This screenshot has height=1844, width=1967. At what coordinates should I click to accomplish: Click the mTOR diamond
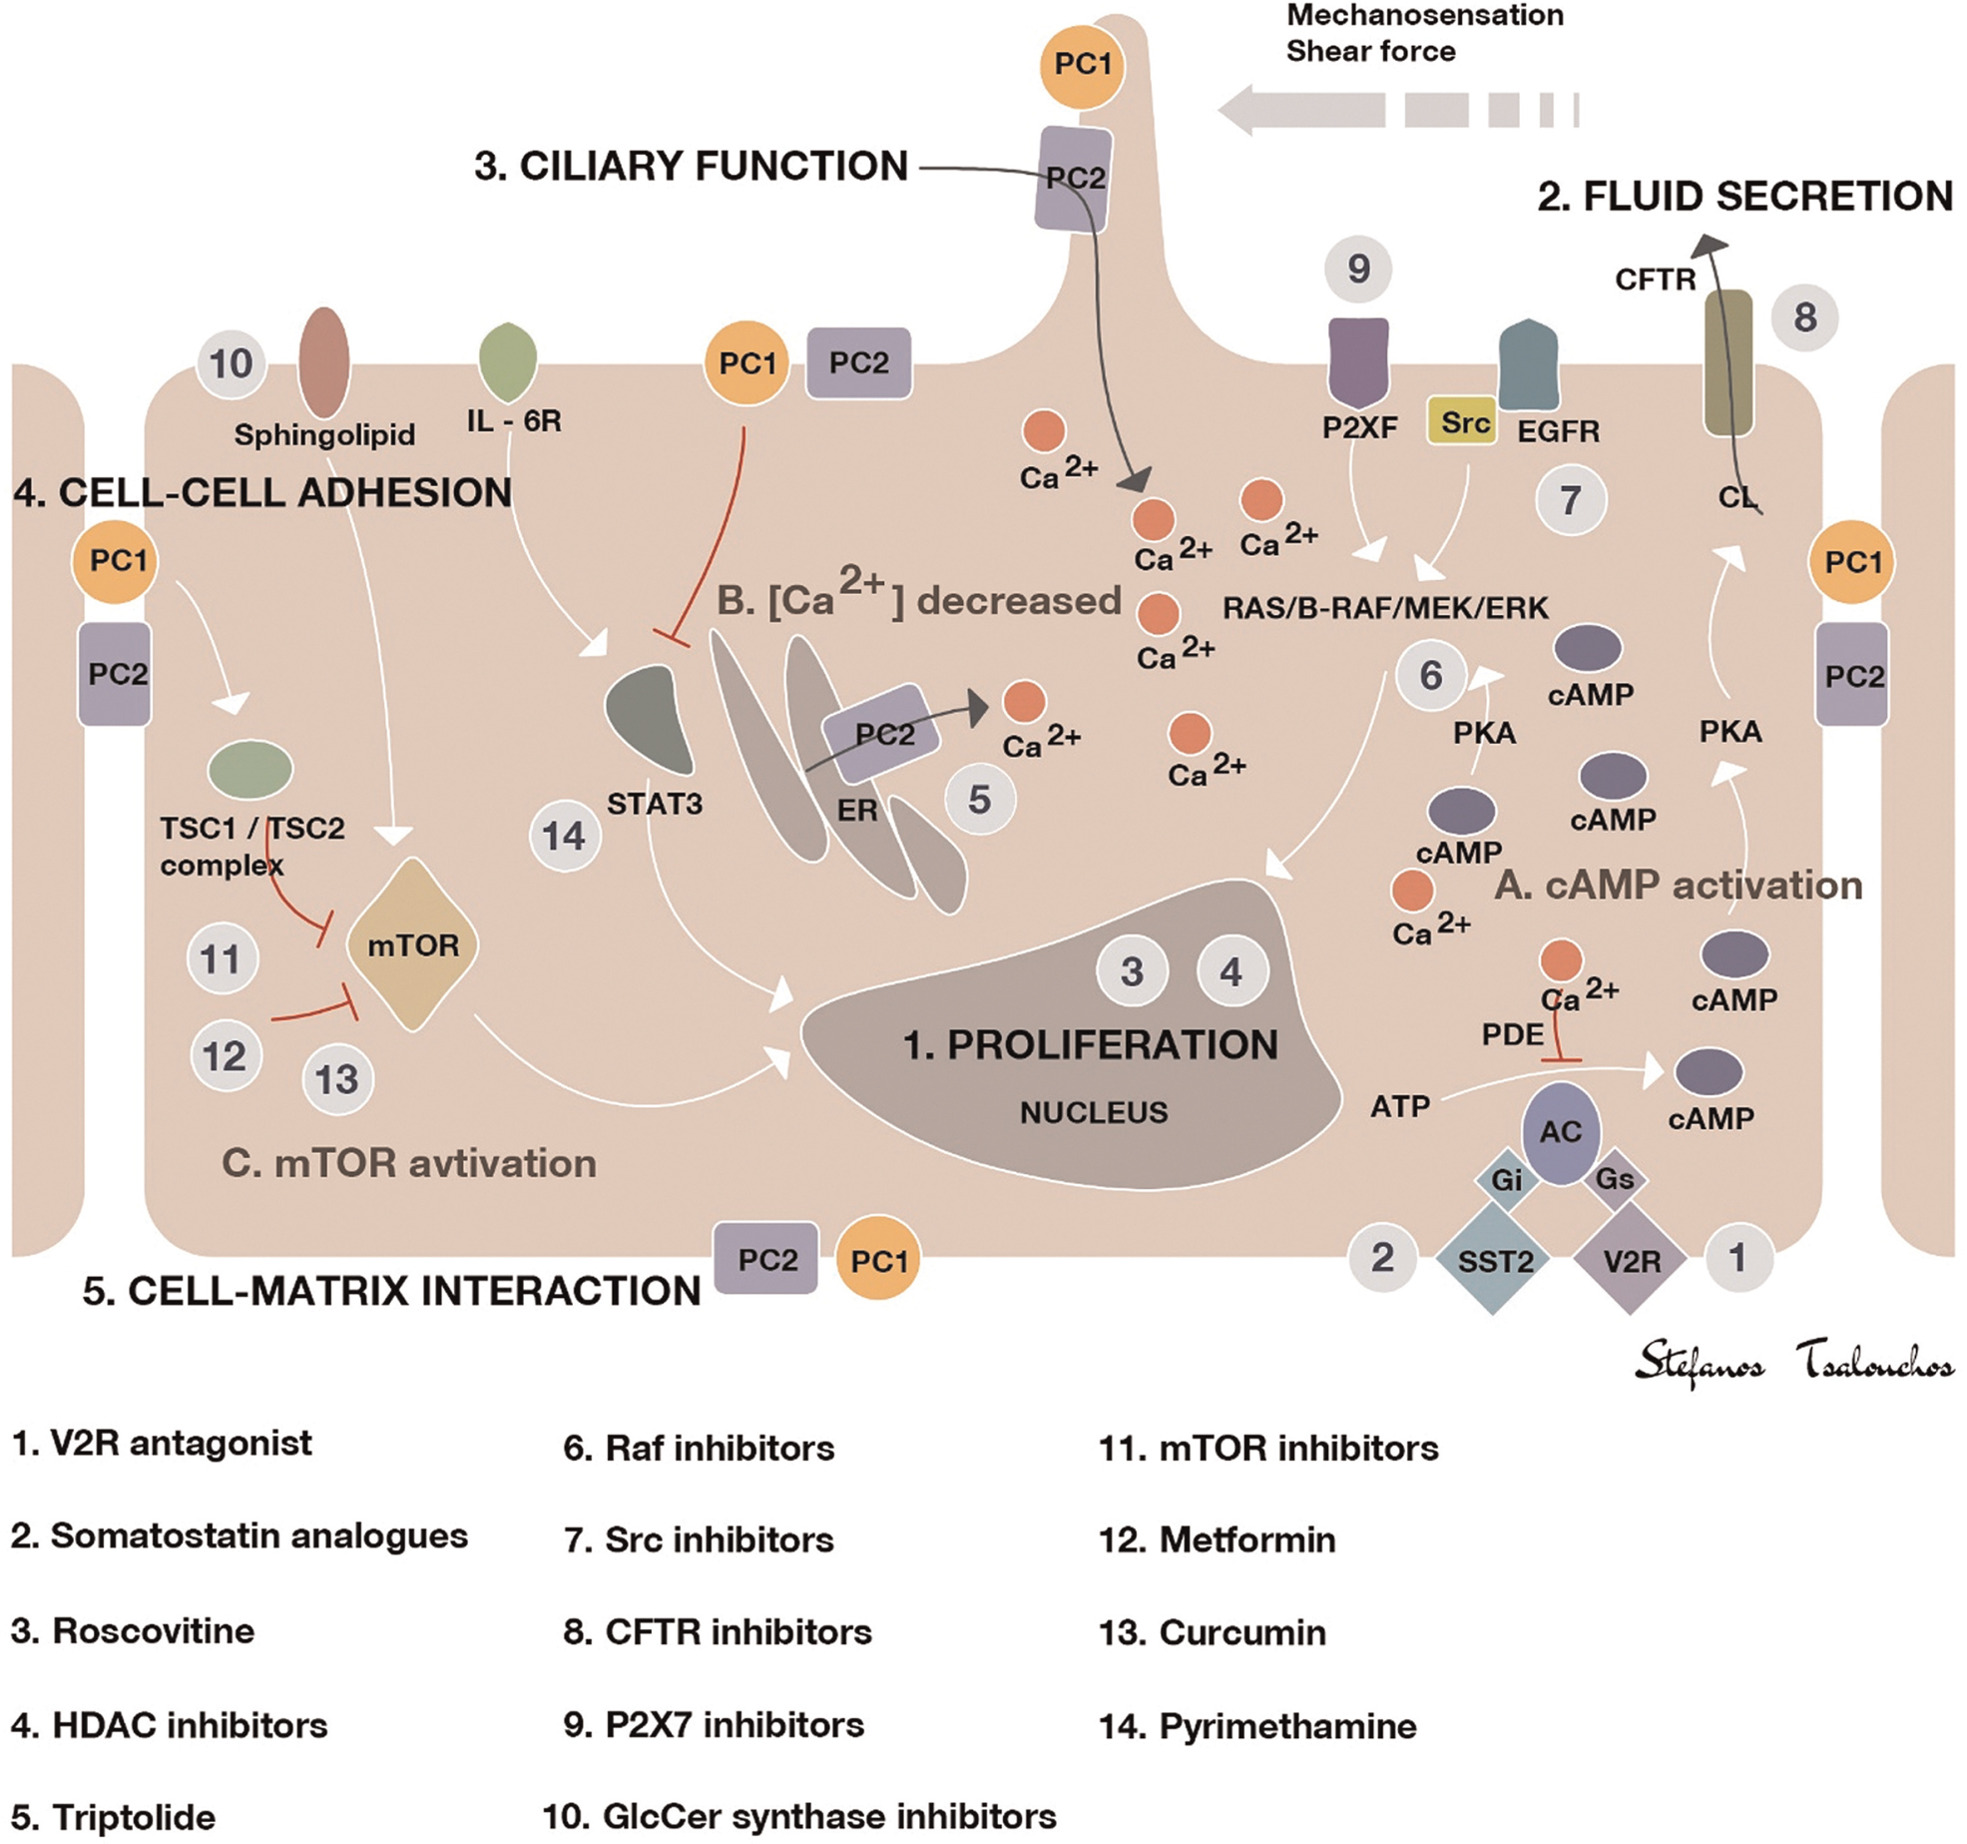coord(412,943)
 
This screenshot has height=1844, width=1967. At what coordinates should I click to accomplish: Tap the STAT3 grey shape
coord(650,719)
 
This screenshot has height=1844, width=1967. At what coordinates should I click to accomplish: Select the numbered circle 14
coord(564,836)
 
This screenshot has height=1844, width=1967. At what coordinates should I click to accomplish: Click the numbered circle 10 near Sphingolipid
coord(232,363)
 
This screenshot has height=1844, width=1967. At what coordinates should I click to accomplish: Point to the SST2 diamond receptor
coord(1494,1260)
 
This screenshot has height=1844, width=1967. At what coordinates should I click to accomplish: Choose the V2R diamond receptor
coord(1631,1260)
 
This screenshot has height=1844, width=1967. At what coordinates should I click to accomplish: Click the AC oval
coord(1561,1131)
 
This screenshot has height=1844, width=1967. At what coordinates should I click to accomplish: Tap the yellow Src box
coord(1463,422)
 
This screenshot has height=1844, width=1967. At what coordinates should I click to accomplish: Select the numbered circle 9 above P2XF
coord(1358,269)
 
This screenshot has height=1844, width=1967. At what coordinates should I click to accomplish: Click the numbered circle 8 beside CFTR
coord(1804,317)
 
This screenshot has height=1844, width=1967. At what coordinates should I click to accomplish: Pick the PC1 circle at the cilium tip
coord(1083,65)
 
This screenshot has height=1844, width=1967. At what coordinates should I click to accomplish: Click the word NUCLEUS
coord(1094,1112)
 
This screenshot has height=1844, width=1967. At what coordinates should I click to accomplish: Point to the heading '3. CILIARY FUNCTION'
coord(691,166)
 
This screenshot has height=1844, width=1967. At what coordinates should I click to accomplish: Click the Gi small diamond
coord(1506,1180)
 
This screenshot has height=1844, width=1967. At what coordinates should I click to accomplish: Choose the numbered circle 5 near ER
coord(980,799)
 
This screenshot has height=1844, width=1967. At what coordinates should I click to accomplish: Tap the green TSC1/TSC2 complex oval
coord(250,769)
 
